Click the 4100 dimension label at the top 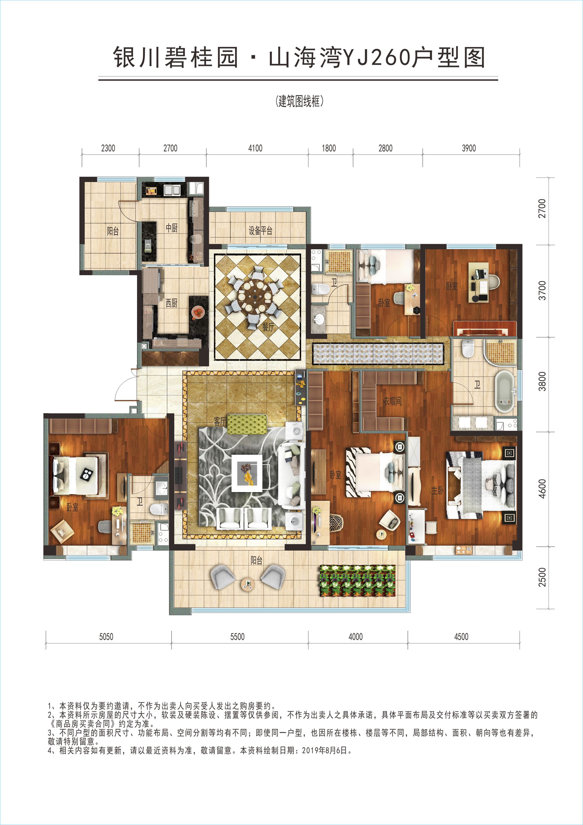(255, 148)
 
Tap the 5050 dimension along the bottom (106, 637)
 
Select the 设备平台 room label (260, 230)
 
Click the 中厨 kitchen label (172, 227)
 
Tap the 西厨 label (171, 303)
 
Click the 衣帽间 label (392, 401)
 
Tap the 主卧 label (438, 490)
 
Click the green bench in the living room (247, 424)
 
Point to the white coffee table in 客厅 (247, 473)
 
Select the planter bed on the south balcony (357, 581)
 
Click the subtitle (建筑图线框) (299, 101)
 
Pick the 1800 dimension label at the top (329, 148)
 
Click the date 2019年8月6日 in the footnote (325, 751)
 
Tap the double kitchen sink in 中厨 (172, 190)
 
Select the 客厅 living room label (220, 421)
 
